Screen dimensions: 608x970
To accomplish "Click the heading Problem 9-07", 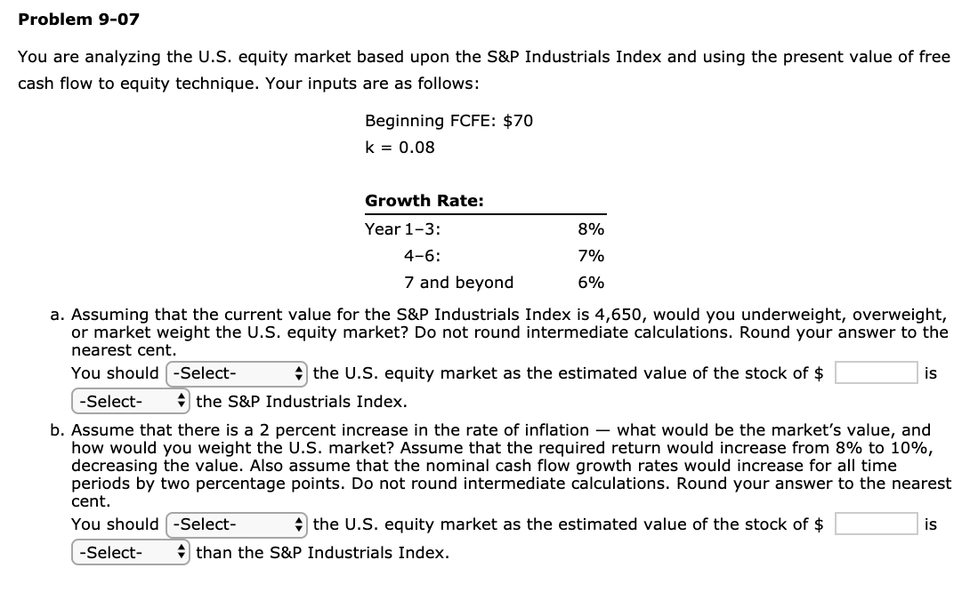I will pyautogui.click(x=79, y=19).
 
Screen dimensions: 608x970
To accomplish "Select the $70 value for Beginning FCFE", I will pyautogui.click(x=518, y=120).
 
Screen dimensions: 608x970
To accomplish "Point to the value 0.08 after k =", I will pyautogui.click(x=416, y=147).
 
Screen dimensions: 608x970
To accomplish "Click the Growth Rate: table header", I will pyautogui.click(x=424, y=201).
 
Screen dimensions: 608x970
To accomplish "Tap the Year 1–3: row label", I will pyautogui.click(x=403, y=228).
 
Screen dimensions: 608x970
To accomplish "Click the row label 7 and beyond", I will pyautogui.click(x=458, y=283).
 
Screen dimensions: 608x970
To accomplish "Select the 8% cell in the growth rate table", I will pyautogui.click(x=591, y=228).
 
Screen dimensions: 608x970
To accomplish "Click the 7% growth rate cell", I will pyautogui.click(x=591, y=256).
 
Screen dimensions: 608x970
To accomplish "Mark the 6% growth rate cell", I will pyautogui.click(x=591, y=283).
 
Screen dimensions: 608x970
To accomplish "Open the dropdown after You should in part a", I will pyautogui.click(x=236, y=373).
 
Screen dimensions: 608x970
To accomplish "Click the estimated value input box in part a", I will pyautogui.click(x=875, y=372).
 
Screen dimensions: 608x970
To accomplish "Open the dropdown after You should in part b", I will pyautogui.click(x=236, y=524).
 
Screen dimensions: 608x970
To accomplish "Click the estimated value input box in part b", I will pyautogui.click(x=875, y=524).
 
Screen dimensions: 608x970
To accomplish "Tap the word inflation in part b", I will pyautogui.click(x=556, y=430).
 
